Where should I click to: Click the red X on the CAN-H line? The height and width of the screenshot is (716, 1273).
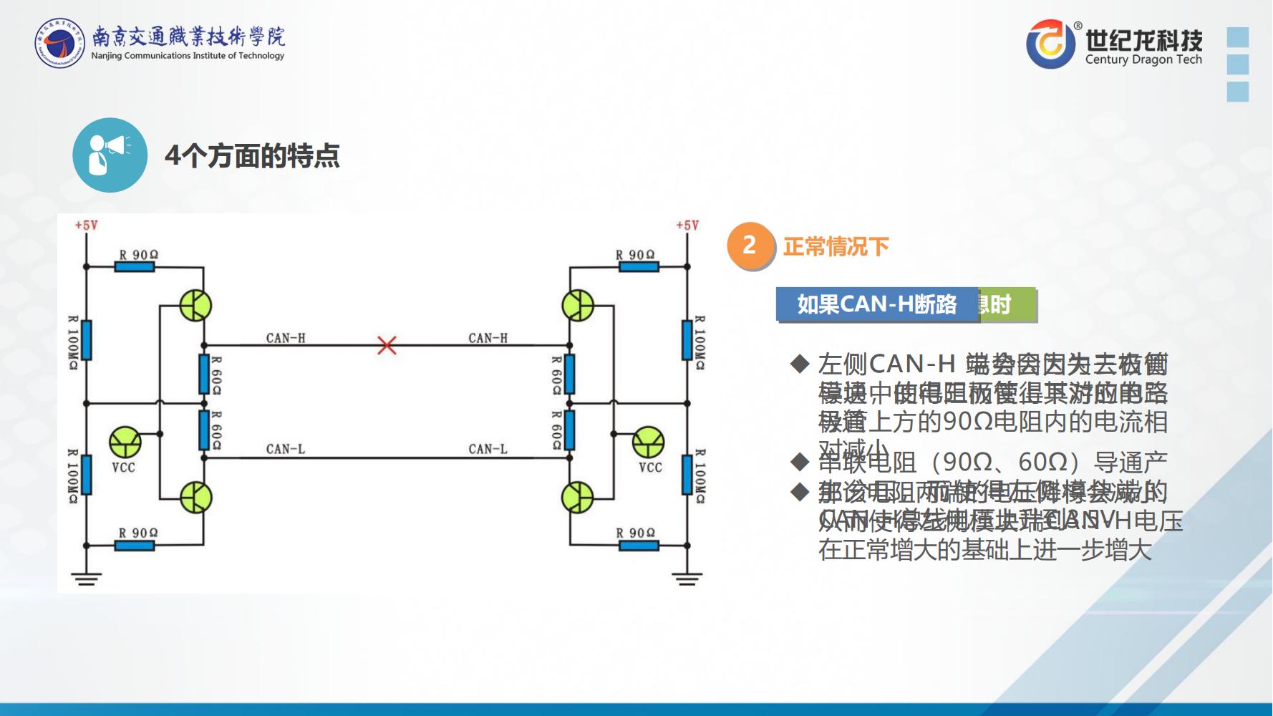pos(387,346)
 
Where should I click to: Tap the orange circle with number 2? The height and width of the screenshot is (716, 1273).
pos(750,246)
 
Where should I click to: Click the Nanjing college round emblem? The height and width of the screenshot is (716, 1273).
pos(60,44)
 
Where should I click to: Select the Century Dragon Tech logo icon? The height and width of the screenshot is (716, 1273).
pos(1050,44)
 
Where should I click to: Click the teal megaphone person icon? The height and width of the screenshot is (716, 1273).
pos(110,155)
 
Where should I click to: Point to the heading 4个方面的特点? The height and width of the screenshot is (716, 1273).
pos(252,155)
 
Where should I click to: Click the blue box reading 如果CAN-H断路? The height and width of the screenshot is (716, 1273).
pos(876,304)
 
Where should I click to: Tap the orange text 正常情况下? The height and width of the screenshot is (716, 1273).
pos(836,247)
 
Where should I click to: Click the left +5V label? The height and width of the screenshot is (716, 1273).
pos(86,226)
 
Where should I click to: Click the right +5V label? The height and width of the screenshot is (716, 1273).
pos(687,226)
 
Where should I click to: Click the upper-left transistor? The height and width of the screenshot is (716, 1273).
pos(195,306)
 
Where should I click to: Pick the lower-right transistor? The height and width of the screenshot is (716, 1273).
pos(578,497)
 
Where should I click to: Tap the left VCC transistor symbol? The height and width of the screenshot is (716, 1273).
pos(125,442)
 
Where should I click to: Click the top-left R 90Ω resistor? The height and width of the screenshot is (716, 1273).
pos(135,266)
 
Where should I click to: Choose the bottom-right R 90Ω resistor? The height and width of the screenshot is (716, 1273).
pos(639,545)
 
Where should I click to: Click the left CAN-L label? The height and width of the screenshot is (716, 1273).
pos(285,449)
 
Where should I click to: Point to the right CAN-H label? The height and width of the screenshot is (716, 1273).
pos(488,338)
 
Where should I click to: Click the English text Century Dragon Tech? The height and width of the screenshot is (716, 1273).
pos(1143,60)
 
